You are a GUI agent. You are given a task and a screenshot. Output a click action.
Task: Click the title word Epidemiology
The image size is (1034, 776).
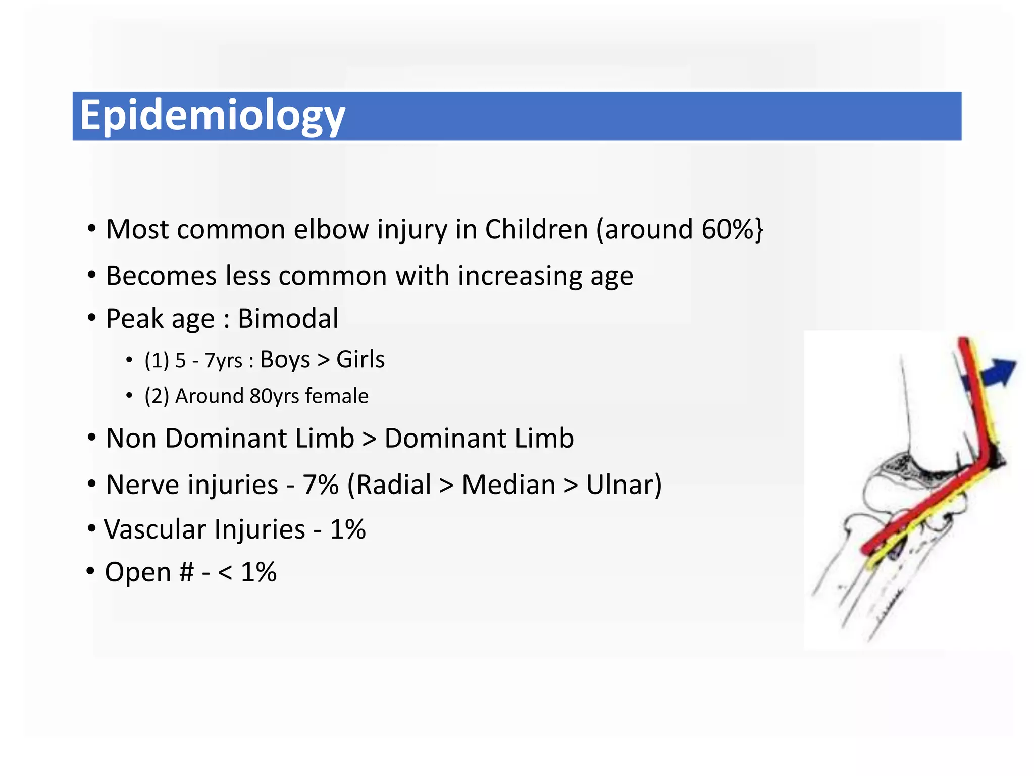(212, 116)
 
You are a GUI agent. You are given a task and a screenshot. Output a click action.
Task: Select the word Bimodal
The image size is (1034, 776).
(288, 319)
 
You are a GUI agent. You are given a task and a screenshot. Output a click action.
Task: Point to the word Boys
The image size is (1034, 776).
(285, 360)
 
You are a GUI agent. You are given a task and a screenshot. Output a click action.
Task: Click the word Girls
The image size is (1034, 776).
(360, 360)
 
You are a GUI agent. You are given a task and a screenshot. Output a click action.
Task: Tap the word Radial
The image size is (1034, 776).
(393, 485)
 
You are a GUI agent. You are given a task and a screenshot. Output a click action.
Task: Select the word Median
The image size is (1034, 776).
(508, 485)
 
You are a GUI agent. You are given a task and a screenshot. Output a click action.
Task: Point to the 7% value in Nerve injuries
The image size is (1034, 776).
(321, 485)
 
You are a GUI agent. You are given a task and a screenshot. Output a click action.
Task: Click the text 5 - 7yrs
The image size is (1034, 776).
(209, 361)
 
